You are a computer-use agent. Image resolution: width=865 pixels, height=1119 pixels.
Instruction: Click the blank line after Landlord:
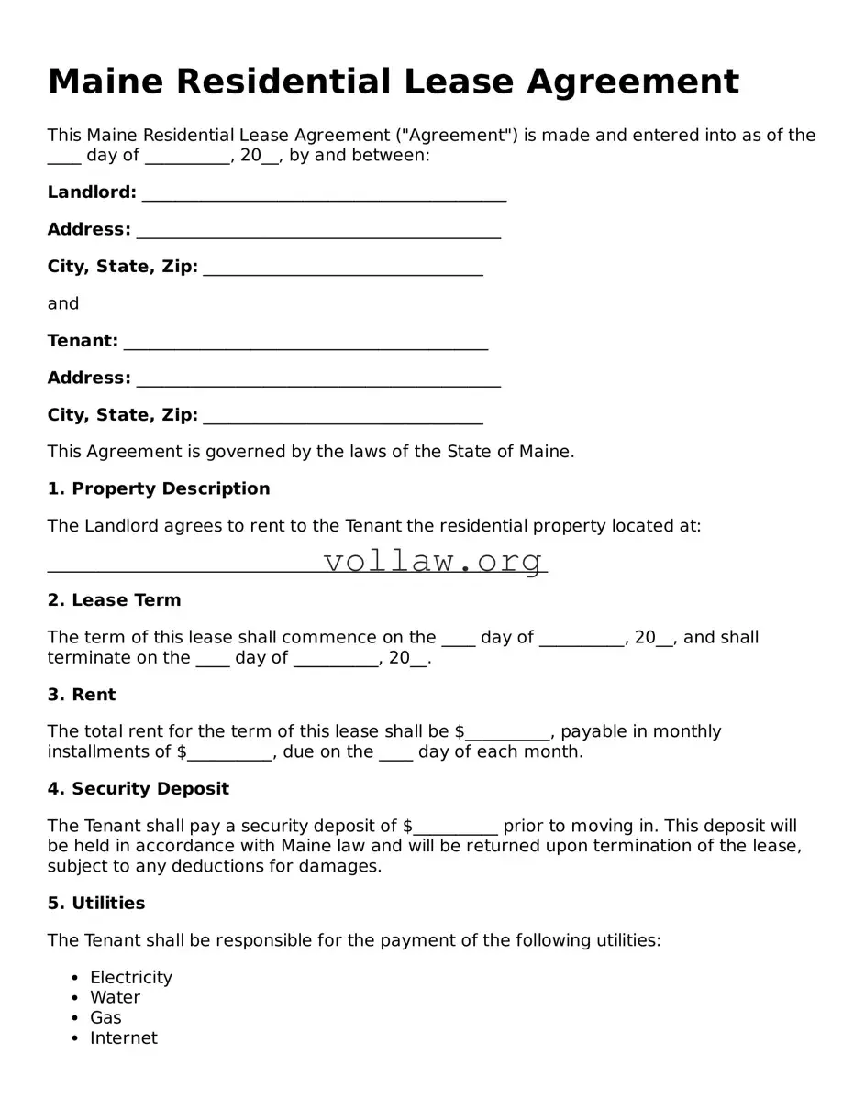tap(324, 194)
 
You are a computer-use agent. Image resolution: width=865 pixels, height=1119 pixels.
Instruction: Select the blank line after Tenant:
tap(305, 343)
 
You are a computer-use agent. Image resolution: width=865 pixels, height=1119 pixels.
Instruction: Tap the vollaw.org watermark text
tap(433, 560)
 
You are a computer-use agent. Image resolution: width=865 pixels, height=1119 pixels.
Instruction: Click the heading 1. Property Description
tap(159, 488)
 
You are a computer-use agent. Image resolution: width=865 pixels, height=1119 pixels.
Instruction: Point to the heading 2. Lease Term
tap(115, 600)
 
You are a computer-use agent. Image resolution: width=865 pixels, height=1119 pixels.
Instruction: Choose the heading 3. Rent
tap(82, 695)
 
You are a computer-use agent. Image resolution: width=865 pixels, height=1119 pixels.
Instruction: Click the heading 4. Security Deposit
tap(139, 789)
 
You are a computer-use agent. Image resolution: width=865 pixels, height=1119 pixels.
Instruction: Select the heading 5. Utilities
tap(96, 904)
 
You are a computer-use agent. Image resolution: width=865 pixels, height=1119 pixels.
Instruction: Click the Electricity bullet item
tap(131, 978)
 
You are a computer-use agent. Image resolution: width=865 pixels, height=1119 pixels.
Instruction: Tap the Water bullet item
tap(116, 998)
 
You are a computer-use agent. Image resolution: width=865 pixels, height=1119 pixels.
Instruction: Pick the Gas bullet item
tap(105, 1018)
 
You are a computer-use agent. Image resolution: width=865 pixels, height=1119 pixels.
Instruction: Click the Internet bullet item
tap(124, 1038)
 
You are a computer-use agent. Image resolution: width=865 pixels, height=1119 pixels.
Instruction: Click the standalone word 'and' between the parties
tap(63, 303)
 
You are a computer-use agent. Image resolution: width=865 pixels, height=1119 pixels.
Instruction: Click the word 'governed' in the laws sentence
tap(206, 452)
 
